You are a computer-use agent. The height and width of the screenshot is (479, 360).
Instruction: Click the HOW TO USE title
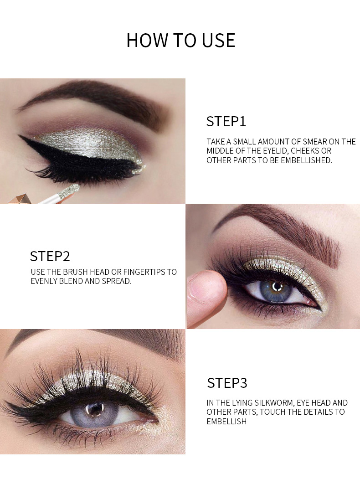click(x=181, y=40)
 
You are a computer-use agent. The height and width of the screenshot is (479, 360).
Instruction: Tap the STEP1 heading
click(x=226, y=122)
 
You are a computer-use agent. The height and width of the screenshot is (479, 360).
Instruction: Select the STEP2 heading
click(x=50, y=256)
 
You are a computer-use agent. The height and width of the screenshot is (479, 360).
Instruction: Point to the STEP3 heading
click(x=227, y=383)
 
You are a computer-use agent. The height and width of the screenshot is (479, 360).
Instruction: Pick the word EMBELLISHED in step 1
click(x=306, y=160)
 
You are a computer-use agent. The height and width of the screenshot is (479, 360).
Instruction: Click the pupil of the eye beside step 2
click(x=277, y=287)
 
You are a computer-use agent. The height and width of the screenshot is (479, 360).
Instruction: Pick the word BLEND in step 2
click(x=71, y=281)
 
